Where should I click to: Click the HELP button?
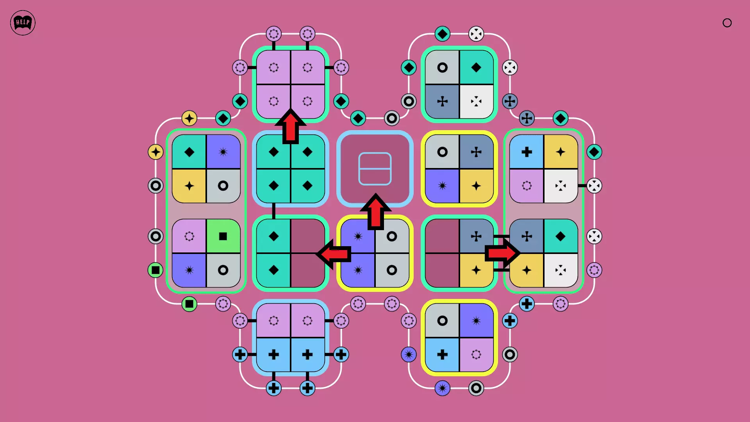click(23, 23)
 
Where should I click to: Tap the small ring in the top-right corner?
click(727, 23)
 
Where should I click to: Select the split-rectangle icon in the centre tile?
click(375, 168)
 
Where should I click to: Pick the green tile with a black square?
click(223, 236)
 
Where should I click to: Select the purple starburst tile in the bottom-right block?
click(476, 321)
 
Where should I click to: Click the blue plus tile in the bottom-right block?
click(442, 355)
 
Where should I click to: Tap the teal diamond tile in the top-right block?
click(476, 68)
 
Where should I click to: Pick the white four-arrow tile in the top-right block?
click(476, 102)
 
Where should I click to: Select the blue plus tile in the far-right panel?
click(527, 152)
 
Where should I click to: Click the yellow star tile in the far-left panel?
click(189, 186)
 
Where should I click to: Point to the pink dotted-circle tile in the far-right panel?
click(527, 186)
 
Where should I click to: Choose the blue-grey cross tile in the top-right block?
click(442, 102)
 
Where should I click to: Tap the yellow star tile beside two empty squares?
click(476, 270)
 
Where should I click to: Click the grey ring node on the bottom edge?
click(476, 388)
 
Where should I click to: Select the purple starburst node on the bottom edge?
click(442, 388)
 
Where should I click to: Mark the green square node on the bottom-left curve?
click(189, 304)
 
